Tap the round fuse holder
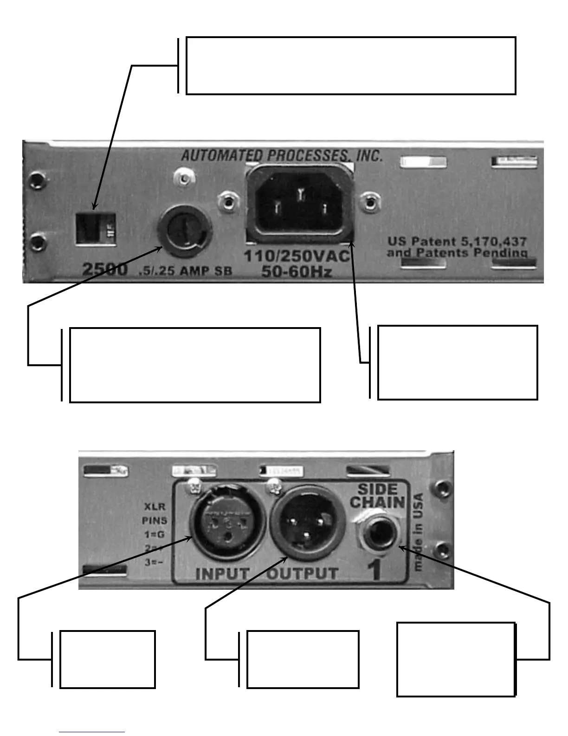coord(185,230)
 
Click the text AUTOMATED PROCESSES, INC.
coord(282,155)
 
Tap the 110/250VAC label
coord(297,256)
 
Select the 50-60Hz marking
coord(297,271)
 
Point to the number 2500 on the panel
coord(104,269)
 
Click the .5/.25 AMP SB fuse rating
coord(185,271)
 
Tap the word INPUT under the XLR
coord(222,574)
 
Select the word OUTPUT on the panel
coord(302,574)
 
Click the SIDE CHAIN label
coord(377,495)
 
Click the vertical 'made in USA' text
coord(419,532)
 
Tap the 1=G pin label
coord(155,534)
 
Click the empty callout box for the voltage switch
coord(351,66)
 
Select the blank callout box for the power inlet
coord(458,362)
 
